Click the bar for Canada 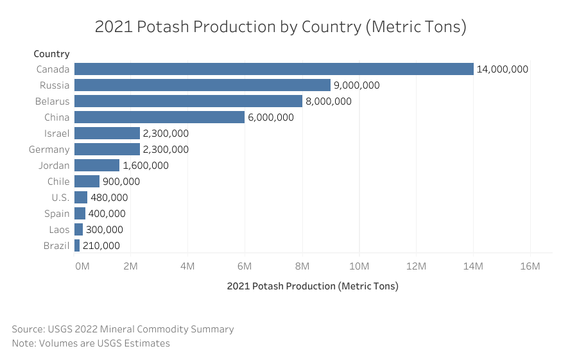[x=273, y=69]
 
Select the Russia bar [x=202, y=85]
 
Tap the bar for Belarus [x=188, y=101]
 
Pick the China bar [x=159, y=117]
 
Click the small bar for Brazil [x=77, y=246]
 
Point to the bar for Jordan [x=97, y=166]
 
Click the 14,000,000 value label [x=502, y=69]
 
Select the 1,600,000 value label [x=145, y=166]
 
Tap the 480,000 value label [x=109, y=198]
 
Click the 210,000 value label [x=101, y=246]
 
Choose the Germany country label [x=49, y=150]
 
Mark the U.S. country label [x=60, y=198]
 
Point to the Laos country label [x=59, y=230]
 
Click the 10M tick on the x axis [x=359, y=266]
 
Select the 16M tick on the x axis [x=530, y=266]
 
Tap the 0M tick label [x=82, y=266]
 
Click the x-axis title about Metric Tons [x=313, y=286]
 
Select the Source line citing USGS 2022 [x=123, y=329]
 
